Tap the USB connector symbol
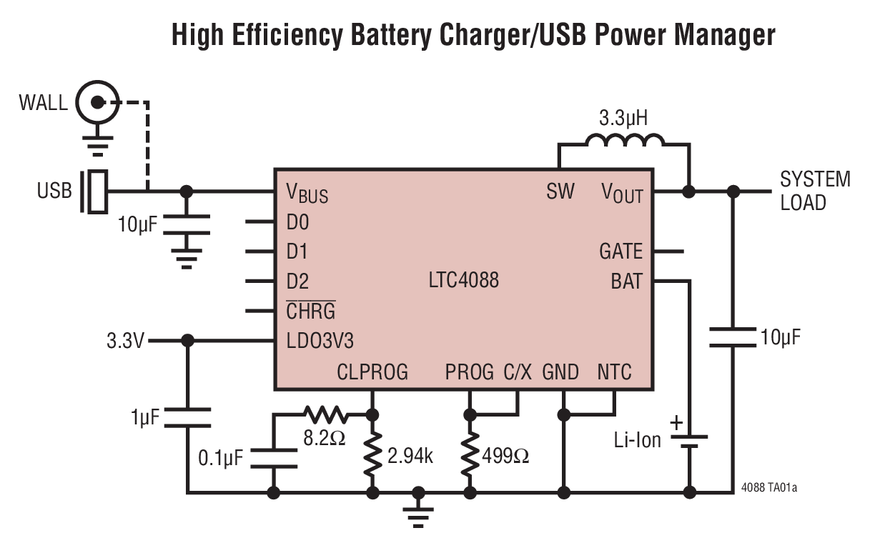click(96, 191)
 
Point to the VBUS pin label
click(307, 193)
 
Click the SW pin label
click(560, 192)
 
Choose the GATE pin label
click(620, 251)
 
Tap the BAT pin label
click(626, 281)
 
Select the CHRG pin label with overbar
click(310, 311)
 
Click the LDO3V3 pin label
click(320, 342)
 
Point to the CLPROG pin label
click(372, 372)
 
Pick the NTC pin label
click(614, 372)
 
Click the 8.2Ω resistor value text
click(324, 437)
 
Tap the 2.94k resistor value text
click(410, 456)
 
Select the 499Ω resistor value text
click(505, 456)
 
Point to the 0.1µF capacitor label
click(219, 455)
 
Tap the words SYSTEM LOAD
click(815, 190)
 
